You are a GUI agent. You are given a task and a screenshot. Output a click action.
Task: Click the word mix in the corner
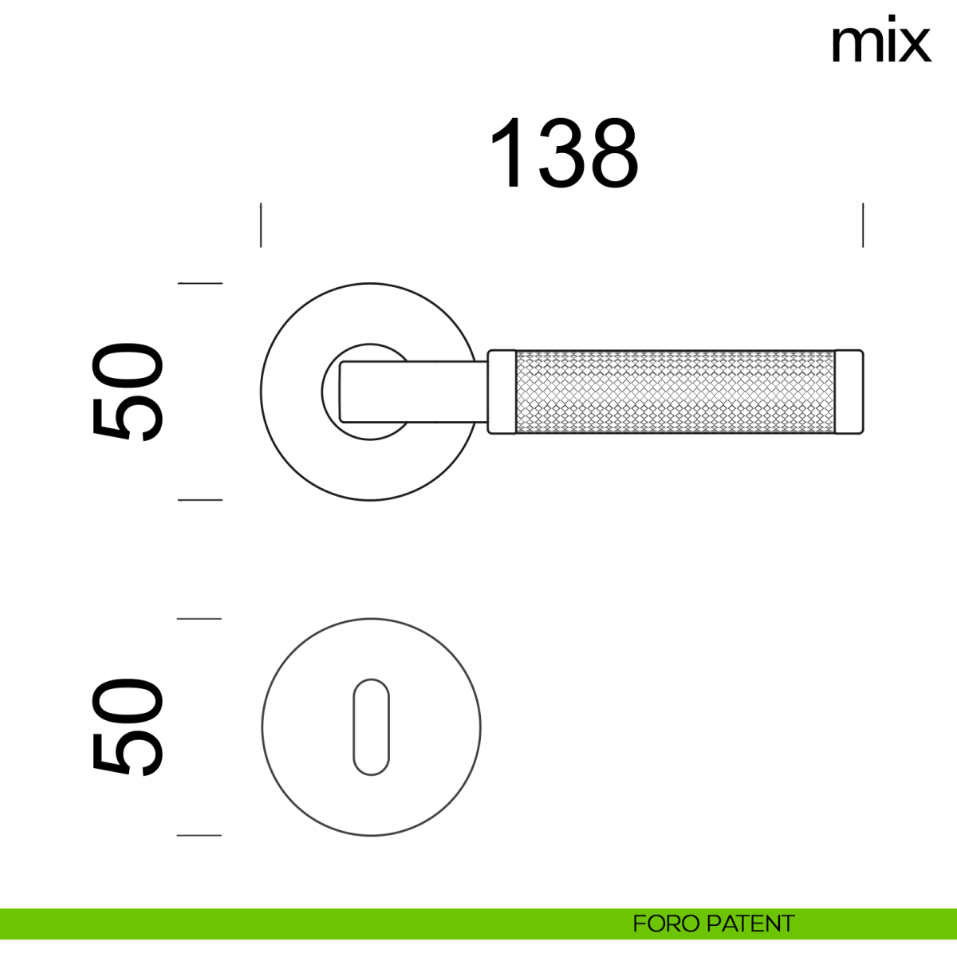[x=881, y=39]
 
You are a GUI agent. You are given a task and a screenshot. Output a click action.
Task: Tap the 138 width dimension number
[x=564, y=153]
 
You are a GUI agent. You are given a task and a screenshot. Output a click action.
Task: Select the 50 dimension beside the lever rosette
[x=127, y=392]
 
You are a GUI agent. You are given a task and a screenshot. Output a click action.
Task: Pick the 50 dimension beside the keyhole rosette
[x=127, y=727]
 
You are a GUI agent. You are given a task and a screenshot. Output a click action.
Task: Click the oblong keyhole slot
[x=371, y=727]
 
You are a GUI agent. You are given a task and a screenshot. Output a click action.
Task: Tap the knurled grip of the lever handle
[x=675, y=392]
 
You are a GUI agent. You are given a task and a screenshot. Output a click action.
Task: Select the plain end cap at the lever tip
[x=849, y=392]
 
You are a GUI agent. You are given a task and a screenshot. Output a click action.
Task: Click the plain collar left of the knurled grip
[x=502, y=392]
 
